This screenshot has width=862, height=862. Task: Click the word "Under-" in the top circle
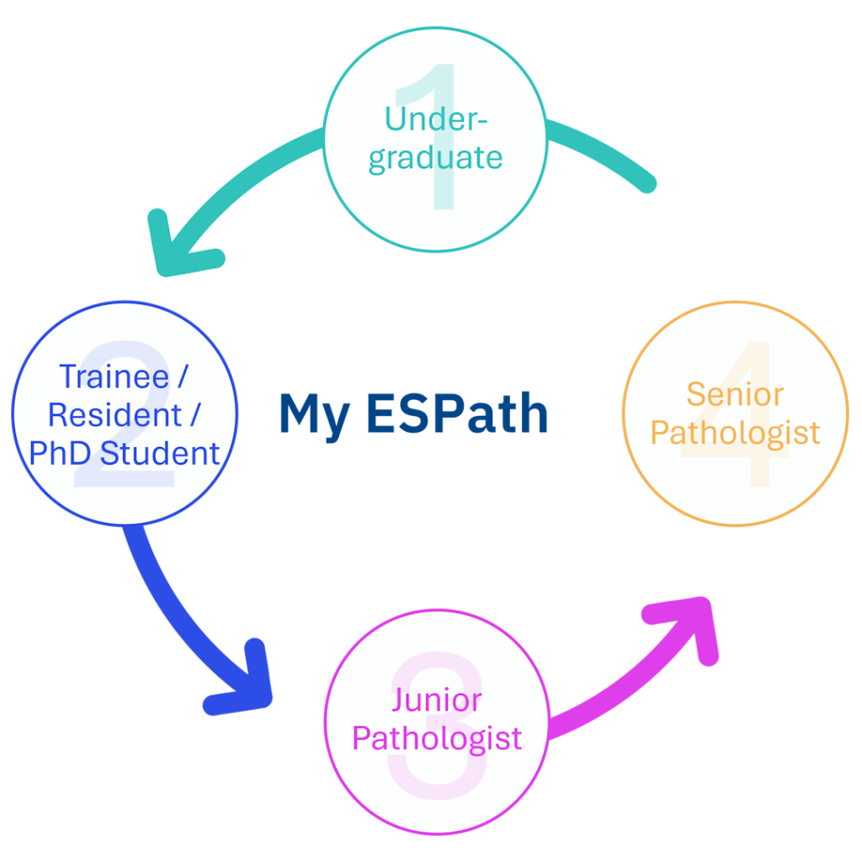(x=435, y=119)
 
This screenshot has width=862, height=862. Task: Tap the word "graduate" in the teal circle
(x=435, y=157)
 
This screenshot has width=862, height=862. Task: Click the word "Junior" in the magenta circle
(x=436, y=700)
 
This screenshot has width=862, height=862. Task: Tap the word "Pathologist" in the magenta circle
(x=436, y=738)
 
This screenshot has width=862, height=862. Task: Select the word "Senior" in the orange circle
(x=735, y=394)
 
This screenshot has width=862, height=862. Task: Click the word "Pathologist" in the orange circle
(x=735, y=433)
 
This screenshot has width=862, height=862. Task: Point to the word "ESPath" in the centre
(x=455, y=413)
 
